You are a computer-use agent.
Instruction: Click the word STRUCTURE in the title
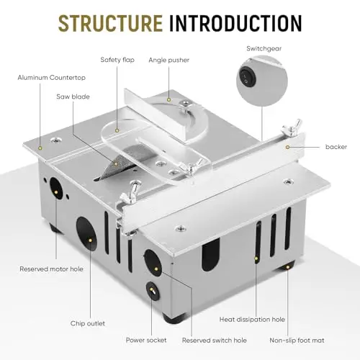tap(110, 23)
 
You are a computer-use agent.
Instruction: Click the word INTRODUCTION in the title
tap(235, 23)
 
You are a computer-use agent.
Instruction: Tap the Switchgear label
tap(264, 48)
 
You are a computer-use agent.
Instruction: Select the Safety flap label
tap(117, 60)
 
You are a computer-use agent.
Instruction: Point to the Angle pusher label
tap(168, 60)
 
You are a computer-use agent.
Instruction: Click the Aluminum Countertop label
tap(52, 78)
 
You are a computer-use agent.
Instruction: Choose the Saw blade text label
tap(73, 96)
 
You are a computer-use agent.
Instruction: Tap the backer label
tap(336, 147)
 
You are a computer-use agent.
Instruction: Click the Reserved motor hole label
tap(51, 269)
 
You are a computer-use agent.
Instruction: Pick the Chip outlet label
tap(88, 323)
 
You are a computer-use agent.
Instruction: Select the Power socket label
tap(146, 340)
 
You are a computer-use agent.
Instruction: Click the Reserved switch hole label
tap(215, 340)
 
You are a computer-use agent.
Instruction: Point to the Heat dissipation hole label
tap(252, 320)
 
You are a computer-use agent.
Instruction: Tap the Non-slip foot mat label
tap(297, 340)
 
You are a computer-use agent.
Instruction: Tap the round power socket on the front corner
tap(153, 291)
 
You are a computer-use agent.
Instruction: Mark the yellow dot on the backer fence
tap(287, 147)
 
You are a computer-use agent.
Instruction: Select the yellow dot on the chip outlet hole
tap(90, 240)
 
